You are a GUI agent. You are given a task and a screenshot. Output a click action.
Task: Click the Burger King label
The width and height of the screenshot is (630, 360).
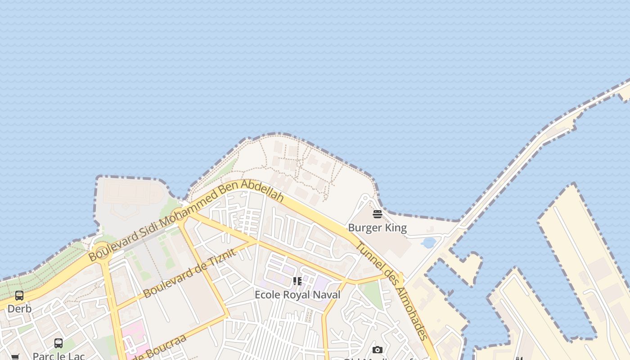[x=377, y=228]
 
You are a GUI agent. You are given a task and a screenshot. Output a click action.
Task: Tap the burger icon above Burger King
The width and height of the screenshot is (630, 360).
[x=377, y=214]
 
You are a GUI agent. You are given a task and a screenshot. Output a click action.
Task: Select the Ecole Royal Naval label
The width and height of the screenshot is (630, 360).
[x=297, y=295]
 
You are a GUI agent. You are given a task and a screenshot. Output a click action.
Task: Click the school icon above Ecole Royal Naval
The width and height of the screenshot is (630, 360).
[x=297, y=281]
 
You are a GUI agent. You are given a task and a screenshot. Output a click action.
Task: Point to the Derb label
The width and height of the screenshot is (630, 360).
[x=19, y=309]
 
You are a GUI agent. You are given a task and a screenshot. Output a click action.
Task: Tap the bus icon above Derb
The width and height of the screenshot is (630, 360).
[x=19, y=296]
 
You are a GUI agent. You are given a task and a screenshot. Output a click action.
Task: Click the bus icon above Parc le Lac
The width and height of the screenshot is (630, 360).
[x=58, y=343]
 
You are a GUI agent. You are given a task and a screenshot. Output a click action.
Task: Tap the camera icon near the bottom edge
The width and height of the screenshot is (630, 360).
[x=378, y=350]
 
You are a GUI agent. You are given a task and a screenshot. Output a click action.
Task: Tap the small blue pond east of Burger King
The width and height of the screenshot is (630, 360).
[x=429, y=243]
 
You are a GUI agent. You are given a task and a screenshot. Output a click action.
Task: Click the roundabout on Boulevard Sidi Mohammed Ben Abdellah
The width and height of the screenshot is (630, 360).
[x=102, y=252]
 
